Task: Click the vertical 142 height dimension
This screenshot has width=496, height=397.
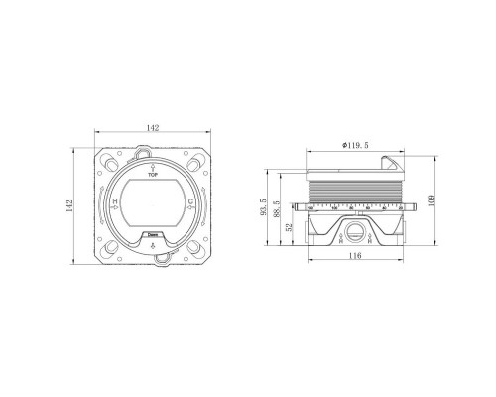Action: tap(69, 205)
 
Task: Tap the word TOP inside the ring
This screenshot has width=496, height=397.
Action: tap(152, 173)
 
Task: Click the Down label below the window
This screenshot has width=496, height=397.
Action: tap(152, 236)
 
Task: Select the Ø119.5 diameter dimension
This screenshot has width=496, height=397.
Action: tap(355, 145)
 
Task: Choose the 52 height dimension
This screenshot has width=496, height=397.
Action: tap(290, 227)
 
